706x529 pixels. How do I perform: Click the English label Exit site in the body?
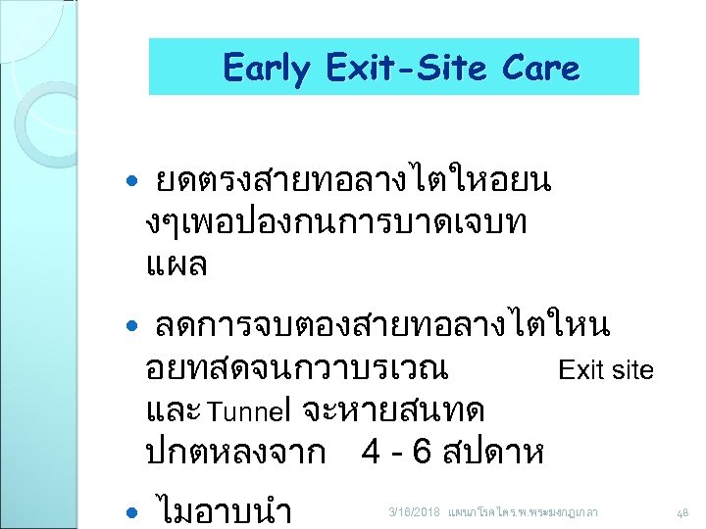(605, 369)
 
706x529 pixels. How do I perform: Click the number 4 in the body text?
(371, 452)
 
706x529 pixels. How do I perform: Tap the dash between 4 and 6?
(397, 453)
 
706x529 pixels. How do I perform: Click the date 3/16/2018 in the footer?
(415, 512)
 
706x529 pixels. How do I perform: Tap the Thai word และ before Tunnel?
(173, 408)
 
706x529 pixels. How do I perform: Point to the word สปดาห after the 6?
(494, 452)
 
